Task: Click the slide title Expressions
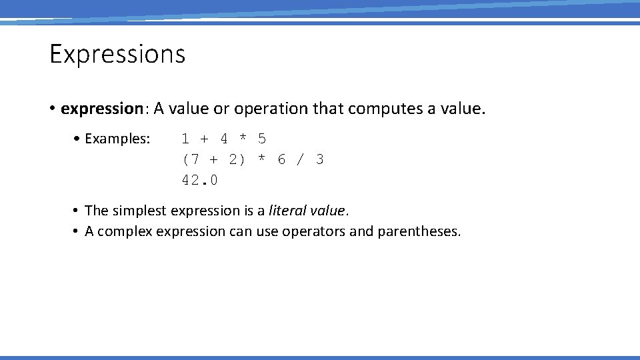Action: pyautogui.click(x=117, y=54)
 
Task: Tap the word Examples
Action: pyautogui.click(x=117, y=139)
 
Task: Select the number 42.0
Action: pyautogui.click(x=200, y=180)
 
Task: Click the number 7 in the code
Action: pyautogui.click(x=195, y=159)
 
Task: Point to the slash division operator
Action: pyautogui.click(x=301, y=159)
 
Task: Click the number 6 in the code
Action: pyautogui.click(x=281, y=159)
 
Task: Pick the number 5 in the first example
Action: pyautogui.click(x=262, y=139)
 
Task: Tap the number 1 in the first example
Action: pyautogui.click(x=185, y=139)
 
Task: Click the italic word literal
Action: pyautogui.click(x=287, y=211)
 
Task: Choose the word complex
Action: pyautogui.click(x=123, y=232)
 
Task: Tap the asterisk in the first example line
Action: pyautogui.click(x=243, y=139)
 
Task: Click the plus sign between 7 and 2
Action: pyautogui.click(x=213, y=159)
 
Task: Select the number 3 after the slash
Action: pyautogui.click(x=320, y=159)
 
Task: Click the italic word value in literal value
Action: pyautogui.click(x=328, y=211)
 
